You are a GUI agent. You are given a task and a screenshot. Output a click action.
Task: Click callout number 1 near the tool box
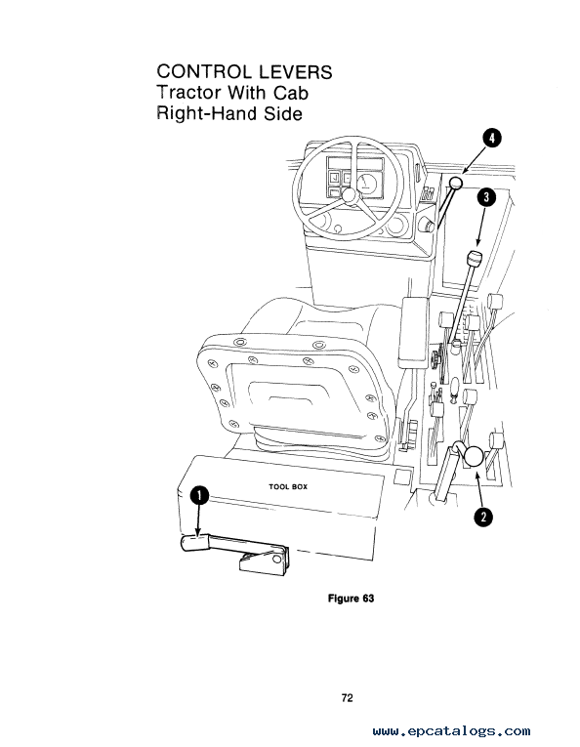[199, 495]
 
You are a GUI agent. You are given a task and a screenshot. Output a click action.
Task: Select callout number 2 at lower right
[483, 517]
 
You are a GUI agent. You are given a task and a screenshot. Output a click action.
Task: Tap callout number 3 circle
[486, 197]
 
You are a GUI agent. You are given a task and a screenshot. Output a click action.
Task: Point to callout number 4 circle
[492, 138]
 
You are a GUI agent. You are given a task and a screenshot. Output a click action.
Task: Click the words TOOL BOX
[288, 487]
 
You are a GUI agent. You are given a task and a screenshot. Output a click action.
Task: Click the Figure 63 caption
[351, 599]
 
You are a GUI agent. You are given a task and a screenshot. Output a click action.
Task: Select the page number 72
[348, 698]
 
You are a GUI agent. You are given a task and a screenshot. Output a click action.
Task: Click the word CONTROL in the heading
[204, 72]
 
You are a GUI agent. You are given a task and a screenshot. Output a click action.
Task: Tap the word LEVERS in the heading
[295, 72]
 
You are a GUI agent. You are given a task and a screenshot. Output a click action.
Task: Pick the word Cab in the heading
[290, 93]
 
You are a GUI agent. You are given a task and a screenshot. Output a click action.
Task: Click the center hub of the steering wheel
[349, 195]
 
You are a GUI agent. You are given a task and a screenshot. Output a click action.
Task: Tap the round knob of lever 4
[456, 183]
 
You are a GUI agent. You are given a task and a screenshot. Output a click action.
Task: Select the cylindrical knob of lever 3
[475, 259]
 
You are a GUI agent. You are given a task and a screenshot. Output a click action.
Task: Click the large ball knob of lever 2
[474, 456]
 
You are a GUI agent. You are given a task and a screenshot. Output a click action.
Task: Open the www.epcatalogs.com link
[451, 730]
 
